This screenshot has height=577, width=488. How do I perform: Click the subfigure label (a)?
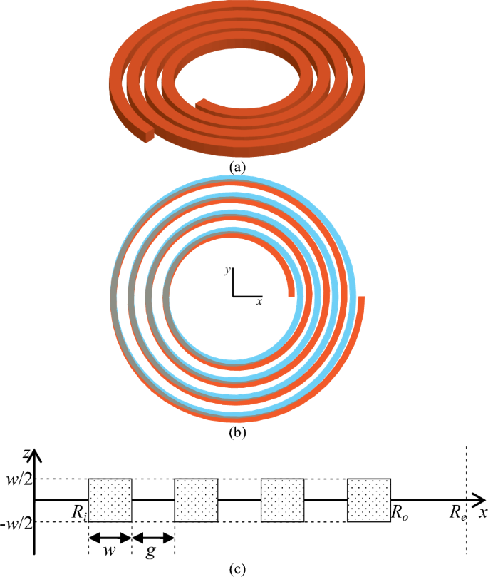click(237, 168)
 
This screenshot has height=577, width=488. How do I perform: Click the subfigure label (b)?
click(237, 431)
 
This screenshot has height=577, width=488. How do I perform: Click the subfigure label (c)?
click(237, 569)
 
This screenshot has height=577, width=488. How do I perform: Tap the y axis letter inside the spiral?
click(227, 271)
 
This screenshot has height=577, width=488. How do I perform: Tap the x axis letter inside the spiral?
click(259, 302)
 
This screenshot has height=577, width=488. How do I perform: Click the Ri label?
click(78, 510)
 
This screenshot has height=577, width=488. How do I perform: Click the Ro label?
click(399, 511)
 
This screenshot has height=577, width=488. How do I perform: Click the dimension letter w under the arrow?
click(109, 551)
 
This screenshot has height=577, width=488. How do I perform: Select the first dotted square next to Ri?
click(110, 500)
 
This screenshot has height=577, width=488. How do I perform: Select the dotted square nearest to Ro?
click(368, 500)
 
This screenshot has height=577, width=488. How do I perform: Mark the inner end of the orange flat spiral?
click(291, 291)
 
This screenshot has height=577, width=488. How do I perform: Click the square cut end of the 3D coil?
click(147, 135)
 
